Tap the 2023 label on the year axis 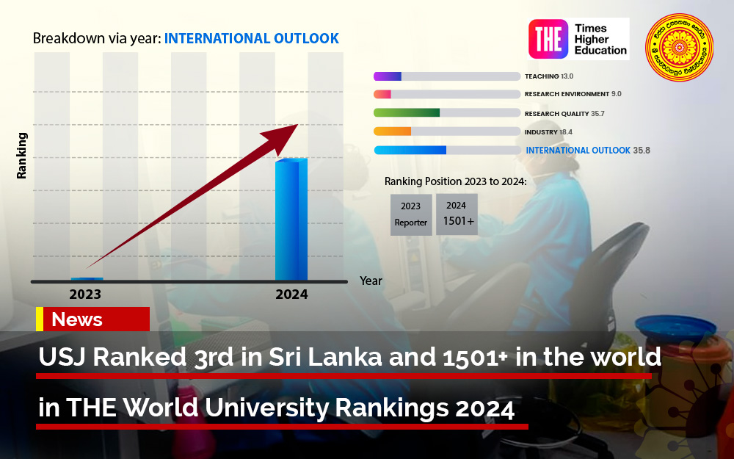pyautogui.click(x=85, y=295)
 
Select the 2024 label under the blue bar pyautogui.click(x=291, y=295)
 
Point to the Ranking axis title pyautogui.click(x=22, y=156)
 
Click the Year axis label pyautogui.click(x=371, y=281)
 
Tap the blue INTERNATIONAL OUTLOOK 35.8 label pyautogui.click(x=587, y=151)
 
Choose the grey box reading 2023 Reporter pyautogui.click(x=411, y=214)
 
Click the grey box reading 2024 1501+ pyautogui.click(x=457, y=214)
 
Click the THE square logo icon pyautogui.click(x=548, y=39)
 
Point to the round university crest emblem pyautogui.click(x=679, y=48)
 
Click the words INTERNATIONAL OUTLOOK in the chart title pyautogui.click(x=251, y=38)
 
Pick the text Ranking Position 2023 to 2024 pyautogui.click(x=455, y=181)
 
